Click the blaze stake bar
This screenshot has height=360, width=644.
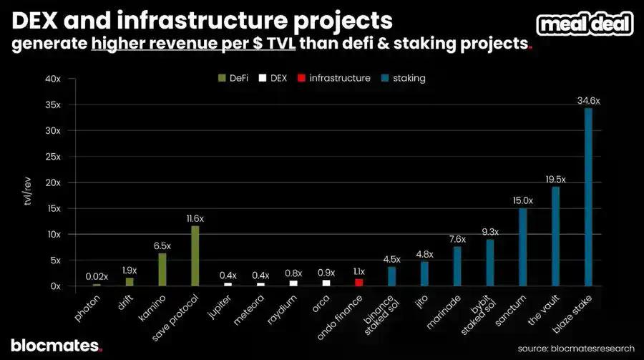point(588,197)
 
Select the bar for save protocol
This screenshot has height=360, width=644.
point(195,256)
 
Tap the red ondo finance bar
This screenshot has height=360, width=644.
point(358,283)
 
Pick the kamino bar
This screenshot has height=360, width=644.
point(162,269)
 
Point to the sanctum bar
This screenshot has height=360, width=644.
point(522,247)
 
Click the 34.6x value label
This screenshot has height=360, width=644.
point(588,101)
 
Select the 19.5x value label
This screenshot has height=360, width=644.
point(555,179)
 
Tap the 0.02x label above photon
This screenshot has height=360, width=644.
point(97,276)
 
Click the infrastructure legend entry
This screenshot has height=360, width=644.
point(336,78)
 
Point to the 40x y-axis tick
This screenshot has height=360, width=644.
point(54,79)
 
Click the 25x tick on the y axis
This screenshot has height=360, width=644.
point(54,157)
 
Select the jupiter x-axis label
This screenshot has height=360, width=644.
point(220,305)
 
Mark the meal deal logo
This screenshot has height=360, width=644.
point(585,24)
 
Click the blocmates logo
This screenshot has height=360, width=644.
point(56,345)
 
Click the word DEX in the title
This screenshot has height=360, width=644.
point(32,19)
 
